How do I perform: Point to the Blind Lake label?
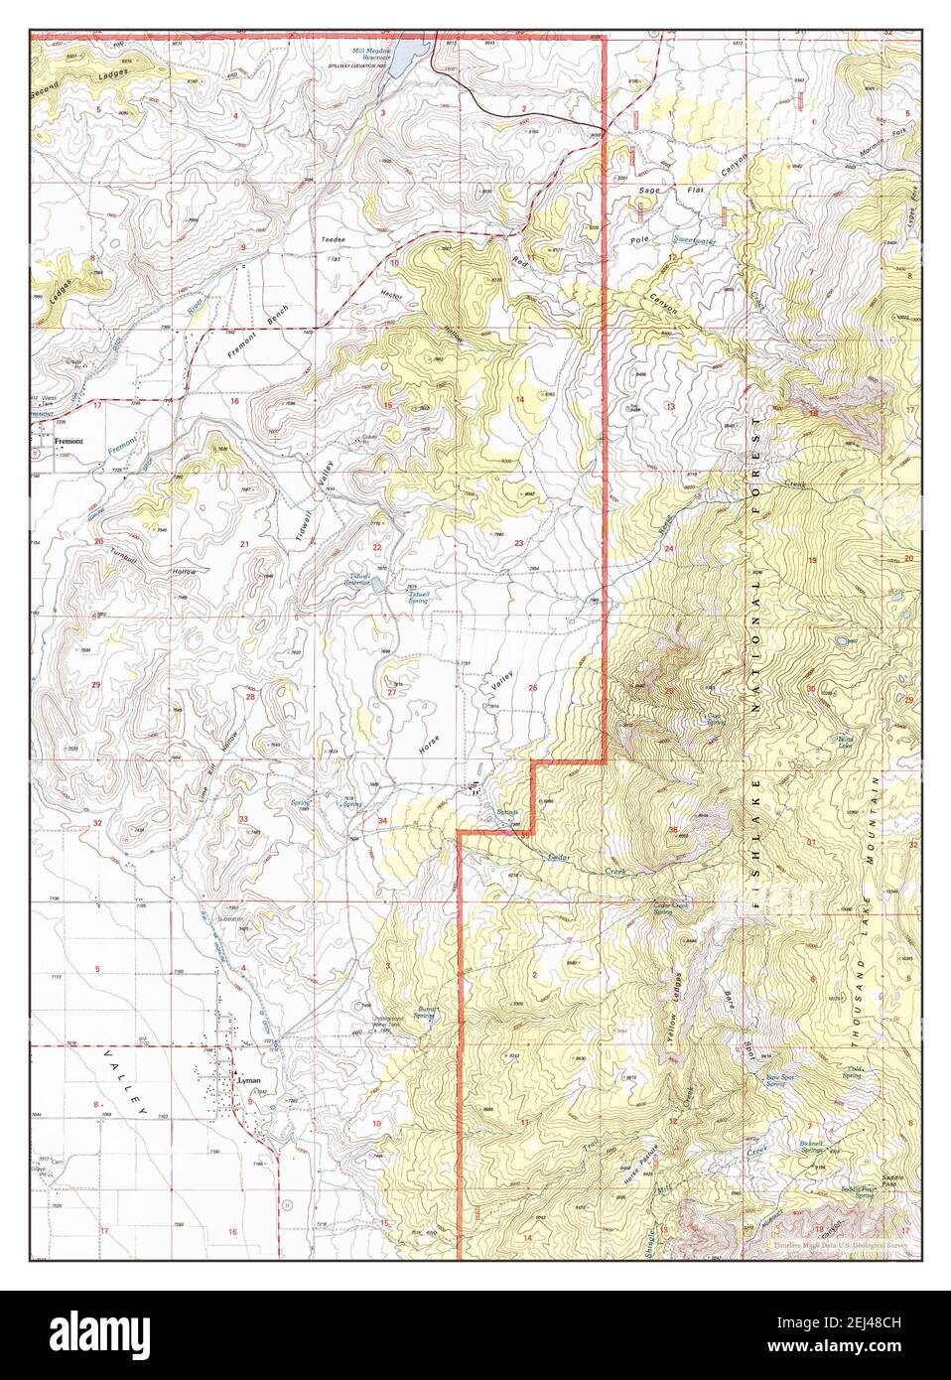click(x=845, y=741)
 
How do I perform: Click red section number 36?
click(x=673, y=830)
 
